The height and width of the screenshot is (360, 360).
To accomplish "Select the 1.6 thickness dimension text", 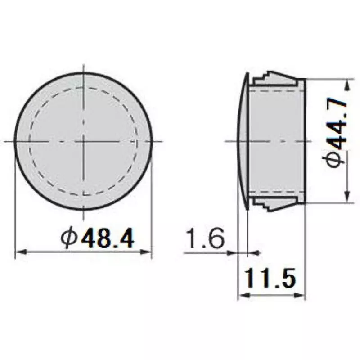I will [204, 239].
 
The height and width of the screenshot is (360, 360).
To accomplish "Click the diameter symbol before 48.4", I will [70, 238].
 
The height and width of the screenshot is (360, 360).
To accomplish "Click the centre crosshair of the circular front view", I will [83, 141].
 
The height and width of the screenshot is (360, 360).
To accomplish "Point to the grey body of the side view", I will [277, 141].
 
